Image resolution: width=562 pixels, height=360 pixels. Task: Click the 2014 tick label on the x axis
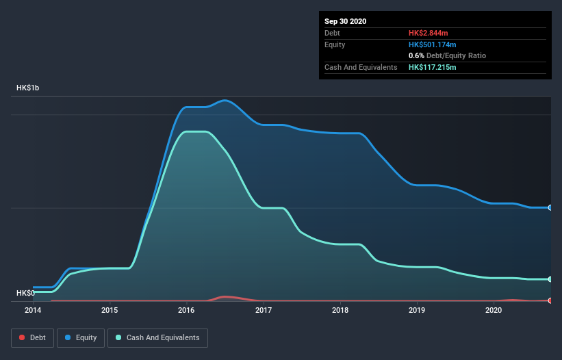pos(33,310)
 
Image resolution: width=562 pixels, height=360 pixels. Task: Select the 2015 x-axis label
pos(110,310)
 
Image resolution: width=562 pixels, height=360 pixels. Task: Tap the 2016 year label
pos(186,310)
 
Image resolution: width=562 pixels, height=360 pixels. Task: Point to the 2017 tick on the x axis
pos(263,310)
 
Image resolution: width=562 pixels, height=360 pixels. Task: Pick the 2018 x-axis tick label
pos(340,310)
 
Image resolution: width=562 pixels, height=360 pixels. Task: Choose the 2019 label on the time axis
pos(416,310)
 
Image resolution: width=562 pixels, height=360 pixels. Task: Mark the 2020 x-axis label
pos(493,310)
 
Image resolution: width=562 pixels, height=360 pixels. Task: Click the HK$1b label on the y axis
pos(29,88)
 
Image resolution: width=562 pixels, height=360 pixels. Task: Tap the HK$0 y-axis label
pos(25,293)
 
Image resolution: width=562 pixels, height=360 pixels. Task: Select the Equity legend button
pos(81,337)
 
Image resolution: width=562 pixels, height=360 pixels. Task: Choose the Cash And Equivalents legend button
pos(157,337)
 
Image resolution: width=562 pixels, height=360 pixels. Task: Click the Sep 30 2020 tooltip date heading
pos(345,21)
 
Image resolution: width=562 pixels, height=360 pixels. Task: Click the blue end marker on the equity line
pos(550,207)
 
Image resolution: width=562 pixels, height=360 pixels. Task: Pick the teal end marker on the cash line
pos(550,279)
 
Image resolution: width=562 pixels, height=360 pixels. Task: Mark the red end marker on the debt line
pos(550,300)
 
